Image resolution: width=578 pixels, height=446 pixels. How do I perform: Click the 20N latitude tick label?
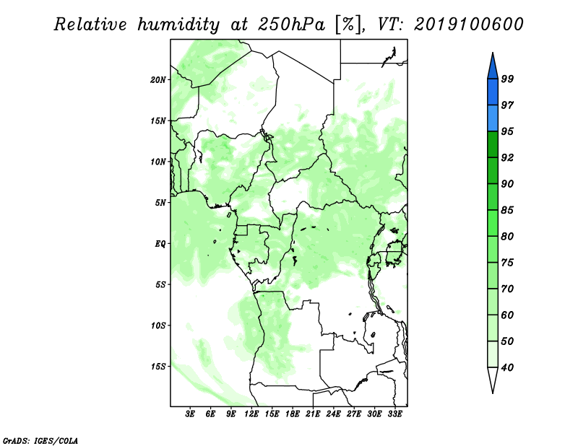(x=158, y=80)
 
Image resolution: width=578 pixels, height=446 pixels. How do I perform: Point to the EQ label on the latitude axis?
(x=160, y=244)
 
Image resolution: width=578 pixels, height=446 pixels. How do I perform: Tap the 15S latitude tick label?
(x=158, y=367)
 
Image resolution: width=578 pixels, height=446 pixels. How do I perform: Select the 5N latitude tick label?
(x=160, y=203)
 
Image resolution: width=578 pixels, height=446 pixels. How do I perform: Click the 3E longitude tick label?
(x=190, y=414)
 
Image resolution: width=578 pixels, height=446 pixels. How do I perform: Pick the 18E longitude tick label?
(x=293, y=414)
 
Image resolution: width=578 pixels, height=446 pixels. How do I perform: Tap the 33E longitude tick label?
(x=394, y=414)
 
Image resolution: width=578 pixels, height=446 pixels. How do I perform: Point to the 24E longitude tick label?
(x=333, y=414)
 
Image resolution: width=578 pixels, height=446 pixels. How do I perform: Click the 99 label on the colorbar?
(x=507, y=79)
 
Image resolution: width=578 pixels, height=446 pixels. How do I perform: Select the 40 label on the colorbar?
(x=507, y=367)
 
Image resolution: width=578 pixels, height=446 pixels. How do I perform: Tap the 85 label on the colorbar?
(x=507, y=210)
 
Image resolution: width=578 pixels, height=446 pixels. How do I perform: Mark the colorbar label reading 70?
(x=507, y=289)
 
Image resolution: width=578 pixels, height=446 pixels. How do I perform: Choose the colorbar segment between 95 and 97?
(x=493, y=118)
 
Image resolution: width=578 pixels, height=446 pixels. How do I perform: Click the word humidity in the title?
(x=178, y=25)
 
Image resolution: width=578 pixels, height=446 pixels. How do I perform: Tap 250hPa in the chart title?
(x=291, y=25)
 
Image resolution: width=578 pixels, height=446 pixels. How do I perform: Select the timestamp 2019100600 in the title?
(x=468, y=25)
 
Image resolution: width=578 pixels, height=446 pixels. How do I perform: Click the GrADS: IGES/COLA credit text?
(x=40, y=440)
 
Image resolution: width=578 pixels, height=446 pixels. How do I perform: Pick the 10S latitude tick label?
(x=158, y=325)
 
